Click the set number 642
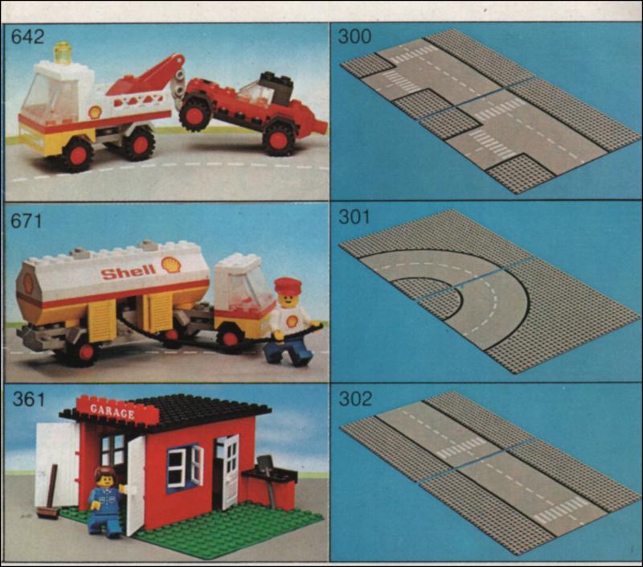[27, 36]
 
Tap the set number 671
[27, 221]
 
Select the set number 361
[28, 399]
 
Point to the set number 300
[354, 36]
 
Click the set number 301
[354, 217]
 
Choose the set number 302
[355, 398]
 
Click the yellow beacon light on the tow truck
[63, 53]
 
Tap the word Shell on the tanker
[129, 271]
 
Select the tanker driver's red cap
[288, 286]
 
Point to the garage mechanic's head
[106, 477]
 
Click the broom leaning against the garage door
[49, 494]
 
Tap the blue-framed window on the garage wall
[185, 468]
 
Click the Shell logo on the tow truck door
[94, 113]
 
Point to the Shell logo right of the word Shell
[171, 265]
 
